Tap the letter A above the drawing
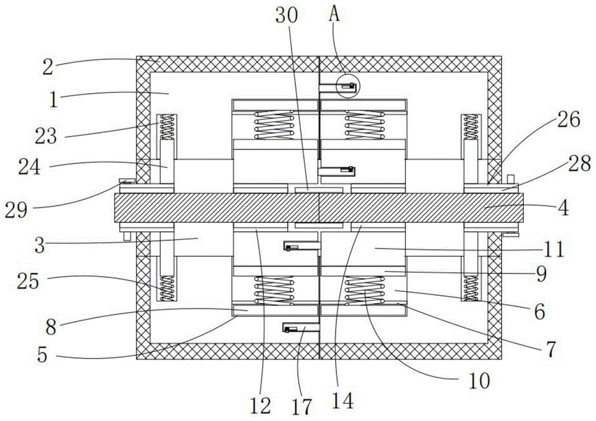pos(335,15)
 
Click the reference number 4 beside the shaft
pos(564,209)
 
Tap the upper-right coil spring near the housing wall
pos(471,127)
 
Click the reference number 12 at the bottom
pos(261,406)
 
